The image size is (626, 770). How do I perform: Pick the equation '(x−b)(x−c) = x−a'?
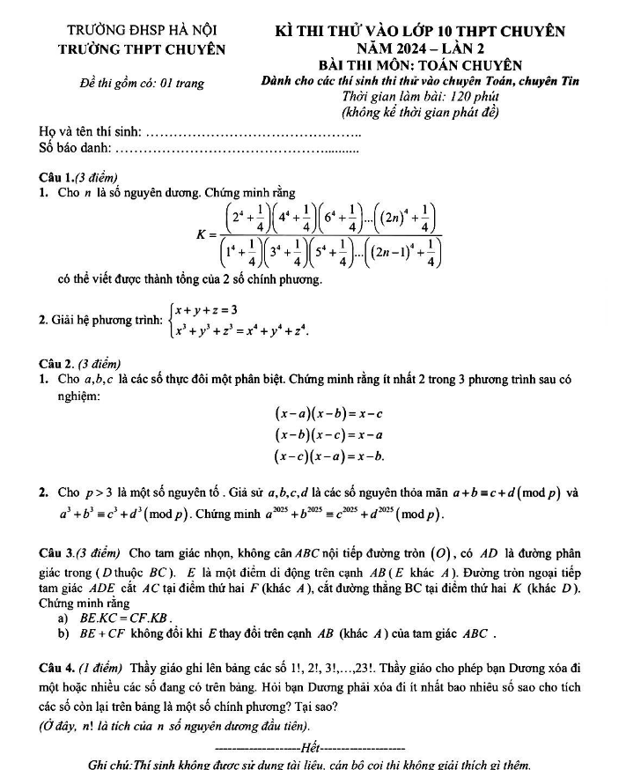331,433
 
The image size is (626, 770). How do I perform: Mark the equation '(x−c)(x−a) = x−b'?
331,455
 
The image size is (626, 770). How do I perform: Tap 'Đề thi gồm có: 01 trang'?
141,83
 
